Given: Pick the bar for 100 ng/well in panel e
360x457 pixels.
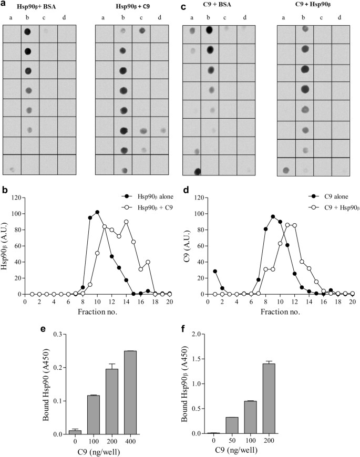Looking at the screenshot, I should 93,415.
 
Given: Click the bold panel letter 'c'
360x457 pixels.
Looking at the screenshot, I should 183,7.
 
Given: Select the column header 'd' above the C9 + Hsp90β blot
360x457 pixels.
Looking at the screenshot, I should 340,17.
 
